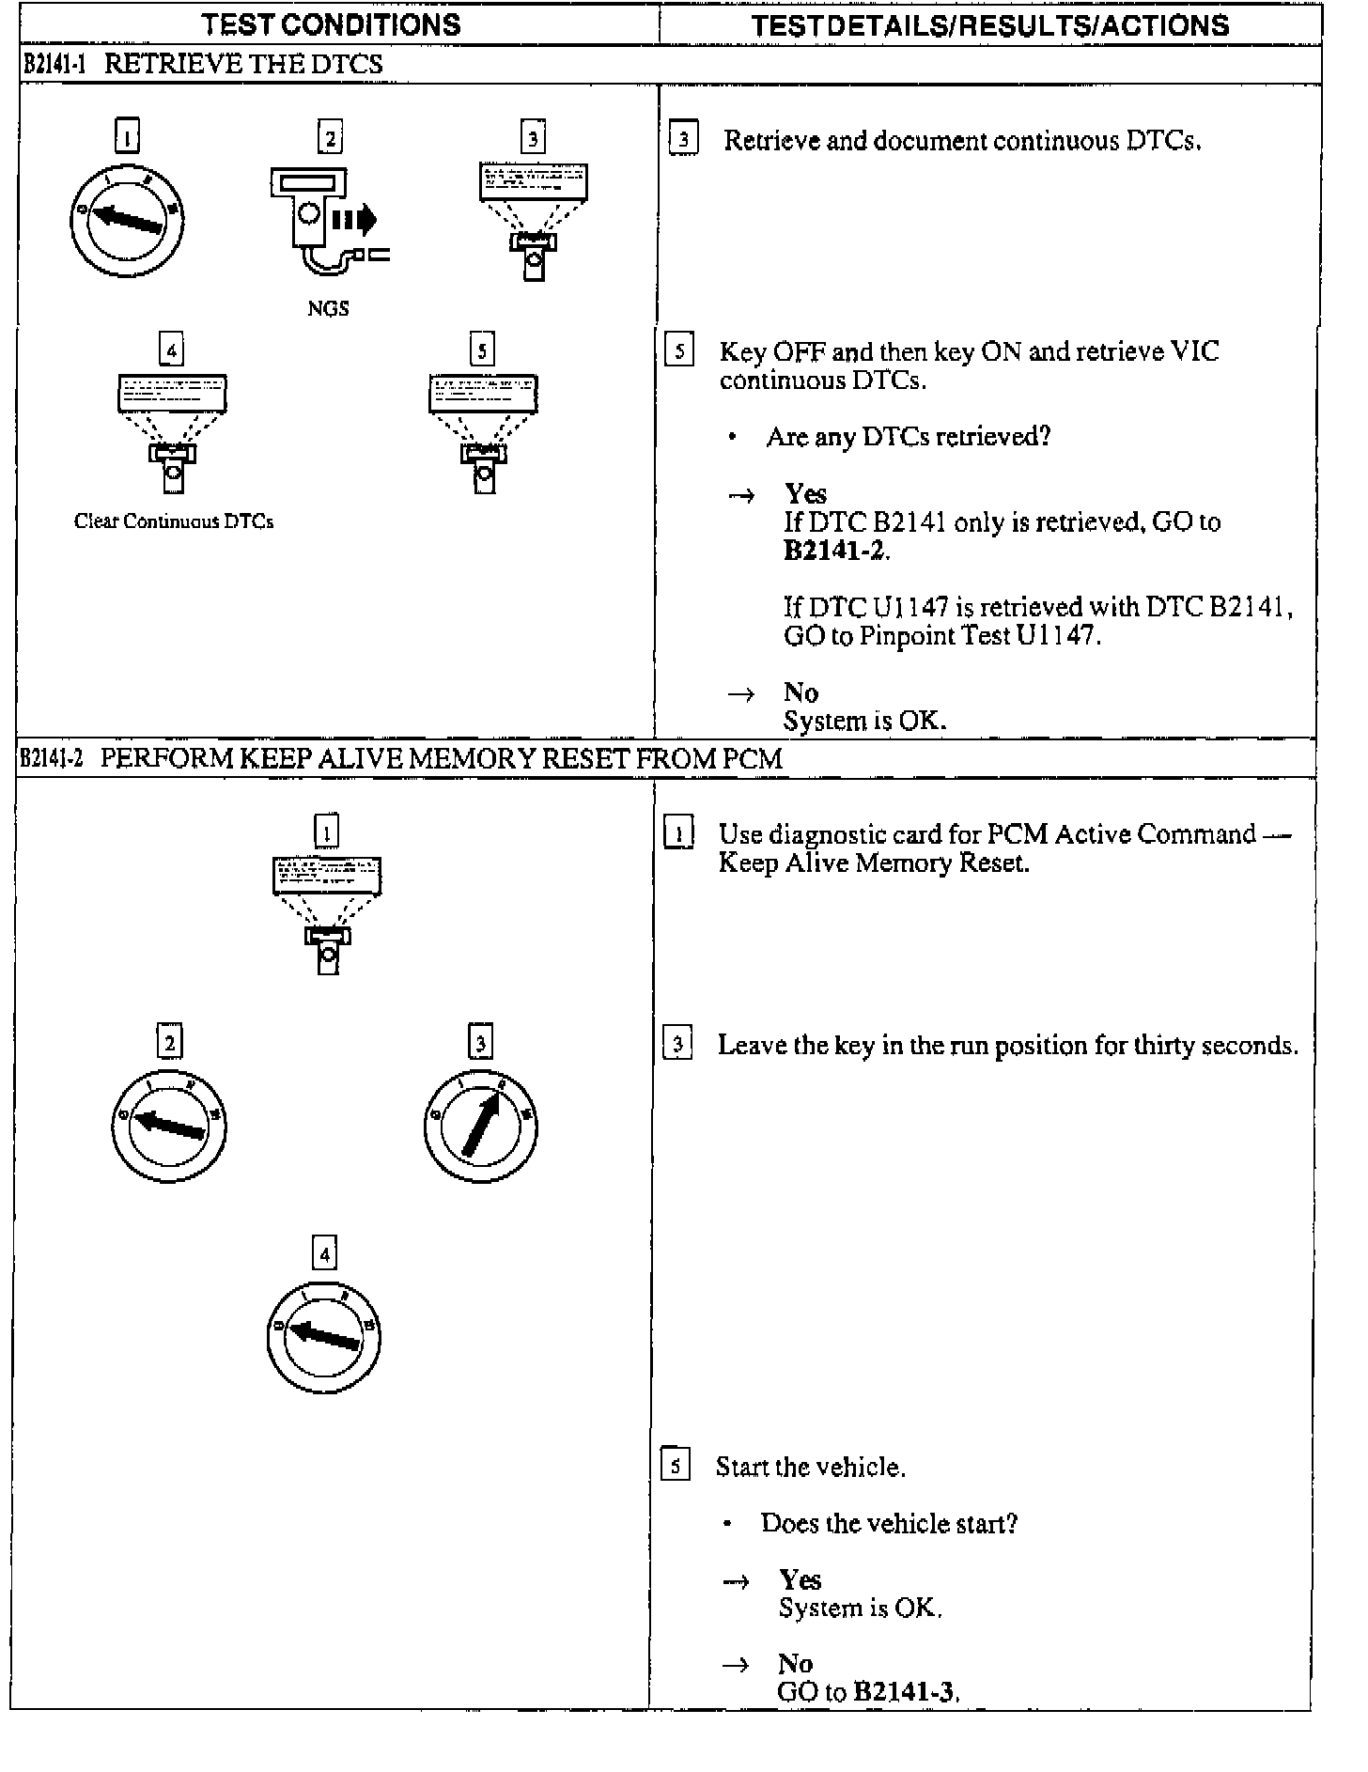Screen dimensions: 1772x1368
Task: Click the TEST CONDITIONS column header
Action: coord(332,24)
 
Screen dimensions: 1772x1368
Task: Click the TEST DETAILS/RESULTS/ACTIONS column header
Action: coord(989,25)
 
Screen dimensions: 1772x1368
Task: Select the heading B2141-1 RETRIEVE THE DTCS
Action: coord(202,65)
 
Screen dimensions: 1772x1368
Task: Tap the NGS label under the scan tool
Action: coord(328,308)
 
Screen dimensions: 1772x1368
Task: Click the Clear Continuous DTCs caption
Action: coord(174,521)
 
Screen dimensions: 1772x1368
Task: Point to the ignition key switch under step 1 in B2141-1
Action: coord(127,222)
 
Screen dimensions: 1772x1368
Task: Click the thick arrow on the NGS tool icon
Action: coord(354,220)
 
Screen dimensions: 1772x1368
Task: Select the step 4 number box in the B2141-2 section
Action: coord(324,1253)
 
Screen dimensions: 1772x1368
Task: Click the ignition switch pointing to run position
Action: coord(480,1126)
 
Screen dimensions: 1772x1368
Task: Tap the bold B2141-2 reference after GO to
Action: coord(834,551)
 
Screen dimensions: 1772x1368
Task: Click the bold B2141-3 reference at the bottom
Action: coord(904,1692)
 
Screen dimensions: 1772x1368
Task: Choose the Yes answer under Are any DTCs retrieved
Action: coord(805,494)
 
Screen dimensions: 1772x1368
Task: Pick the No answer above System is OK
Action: coord(801,692)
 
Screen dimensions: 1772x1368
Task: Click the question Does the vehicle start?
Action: coord(889,1523)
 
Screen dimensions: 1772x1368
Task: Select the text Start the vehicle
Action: coord(810,1467)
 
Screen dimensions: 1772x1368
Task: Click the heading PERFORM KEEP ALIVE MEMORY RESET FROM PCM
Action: coord(442,758)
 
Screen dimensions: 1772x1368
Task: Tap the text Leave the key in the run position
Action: coord(1007,1045)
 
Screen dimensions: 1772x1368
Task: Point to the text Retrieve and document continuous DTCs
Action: coord(962,141)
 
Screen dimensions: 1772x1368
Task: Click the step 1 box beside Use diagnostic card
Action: coord(677,834)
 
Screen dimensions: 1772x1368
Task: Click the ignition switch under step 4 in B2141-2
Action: coord(324,1336)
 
